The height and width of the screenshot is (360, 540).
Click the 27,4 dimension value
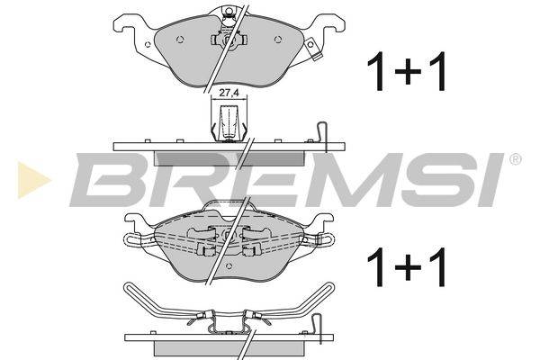pos(229,93)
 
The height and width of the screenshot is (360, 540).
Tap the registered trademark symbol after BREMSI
pos(516,159)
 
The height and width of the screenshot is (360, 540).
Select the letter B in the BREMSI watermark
pos(109,179)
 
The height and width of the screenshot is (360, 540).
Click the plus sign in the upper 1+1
pos(408,71)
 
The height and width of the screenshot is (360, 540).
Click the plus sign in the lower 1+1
pos(408,267)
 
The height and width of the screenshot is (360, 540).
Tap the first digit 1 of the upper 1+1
pos(377,71)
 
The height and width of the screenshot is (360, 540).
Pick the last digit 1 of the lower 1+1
pos(436,267)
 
